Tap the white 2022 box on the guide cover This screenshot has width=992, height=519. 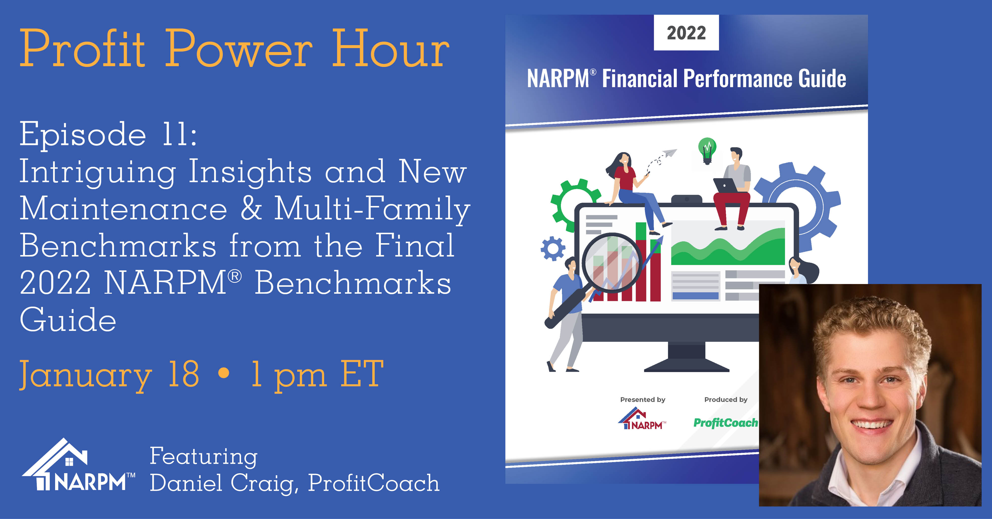coord(686,33)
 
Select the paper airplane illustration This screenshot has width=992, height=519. coord(670,153)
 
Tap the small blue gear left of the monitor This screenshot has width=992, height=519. coord(553,249)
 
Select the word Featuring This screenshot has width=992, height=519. coord(203,457)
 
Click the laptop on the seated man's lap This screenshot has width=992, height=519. coord(725,185)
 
